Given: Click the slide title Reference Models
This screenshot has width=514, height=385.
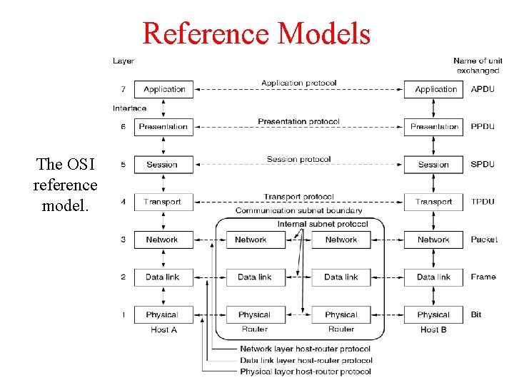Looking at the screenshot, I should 256,34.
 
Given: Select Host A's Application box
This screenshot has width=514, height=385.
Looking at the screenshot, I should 164,89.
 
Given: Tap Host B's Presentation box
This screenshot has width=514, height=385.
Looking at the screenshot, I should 433,127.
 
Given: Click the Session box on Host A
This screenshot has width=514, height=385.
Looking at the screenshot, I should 163,165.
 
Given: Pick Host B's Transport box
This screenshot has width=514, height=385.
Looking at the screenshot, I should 433,202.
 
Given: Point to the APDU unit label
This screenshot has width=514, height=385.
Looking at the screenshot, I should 483,89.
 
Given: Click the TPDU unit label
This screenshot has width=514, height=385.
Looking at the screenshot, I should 483,202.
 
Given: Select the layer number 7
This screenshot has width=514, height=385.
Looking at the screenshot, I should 123,89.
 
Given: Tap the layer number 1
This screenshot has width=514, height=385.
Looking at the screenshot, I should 123,314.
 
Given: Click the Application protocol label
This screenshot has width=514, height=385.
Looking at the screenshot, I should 298,83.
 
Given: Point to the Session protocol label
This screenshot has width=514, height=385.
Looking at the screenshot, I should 298,159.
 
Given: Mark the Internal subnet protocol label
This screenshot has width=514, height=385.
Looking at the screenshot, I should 323,224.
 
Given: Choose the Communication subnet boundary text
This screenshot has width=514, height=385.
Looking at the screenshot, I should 298,211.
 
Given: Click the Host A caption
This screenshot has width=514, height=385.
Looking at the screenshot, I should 163,330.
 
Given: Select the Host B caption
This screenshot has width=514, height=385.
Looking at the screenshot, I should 433,330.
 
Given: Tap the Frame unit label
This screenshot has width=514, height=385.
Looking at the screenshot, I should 483,277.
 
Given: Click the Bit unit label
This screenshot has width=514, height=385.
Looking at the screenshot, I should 476,314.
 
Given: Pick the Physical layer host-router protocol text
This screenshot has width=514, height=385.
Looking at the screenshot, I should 305,371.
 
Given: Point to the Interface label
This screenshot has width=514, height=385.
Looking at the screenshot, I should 129,108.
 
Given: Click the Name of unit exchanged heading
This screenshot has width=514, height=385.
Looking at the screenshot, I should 478,66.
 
